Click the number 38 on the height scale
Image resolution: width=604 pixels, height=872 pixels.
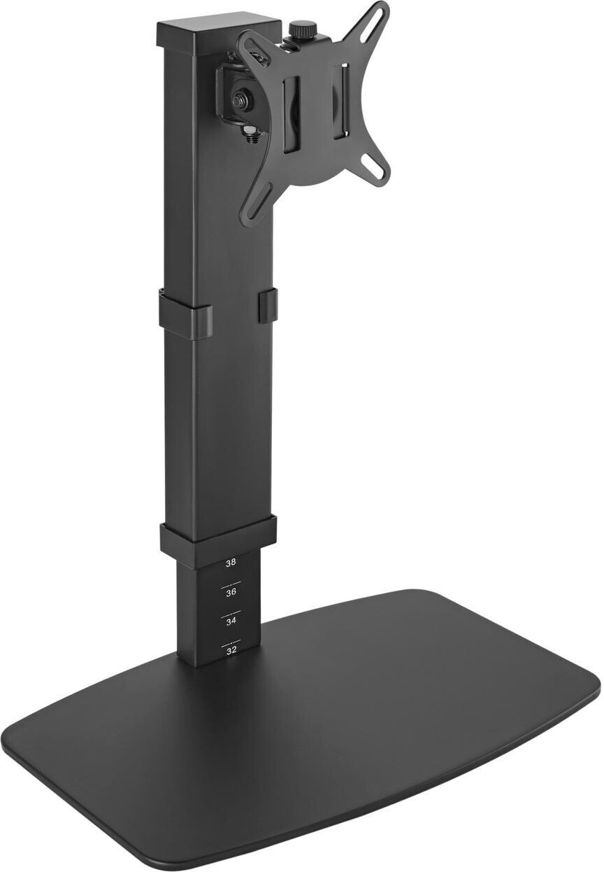pyautogui.click(x=231, y=562)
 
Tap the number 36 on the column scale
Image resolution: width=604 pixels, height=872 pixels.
pyautogui.click(x=231, y=592)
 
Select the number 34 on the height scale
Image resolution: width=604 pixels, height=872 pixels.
pyautogui.click(x=231, y=621)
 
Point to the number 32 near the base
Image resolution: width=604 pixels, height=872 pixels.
pyautogui.click(x=231, y=649)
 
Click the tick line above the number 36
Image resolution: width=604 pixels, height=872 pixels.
pyautogui.click(x=231, y=582)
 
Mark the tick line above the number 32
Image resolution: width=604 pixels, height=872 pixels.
pyautogui.click(x=231, y=640)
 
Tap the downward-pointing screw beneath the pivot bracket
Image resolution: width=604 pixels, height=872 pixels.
pyautogui.click(x=250, y=132)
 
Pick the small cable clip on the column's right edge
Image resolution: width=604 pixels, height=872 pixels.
pyautogui.click(x=268, y=306)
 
